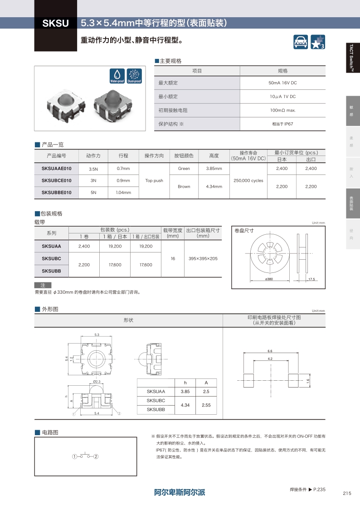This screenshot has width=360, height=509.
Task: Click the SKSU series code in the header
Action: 55,23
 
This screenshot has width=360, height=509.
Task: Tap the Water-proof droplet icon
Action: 117,75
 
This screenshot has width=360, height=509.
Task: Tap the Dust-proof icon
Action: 134,75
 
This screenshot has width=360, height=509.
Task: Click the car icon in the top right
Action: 301,42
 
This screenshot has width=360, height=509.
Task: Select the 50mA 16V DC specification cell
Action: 282,83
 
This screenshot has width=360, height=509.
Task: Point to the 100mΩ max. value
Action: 282,110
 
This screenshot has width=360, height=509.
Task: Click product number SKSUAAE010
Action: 57,169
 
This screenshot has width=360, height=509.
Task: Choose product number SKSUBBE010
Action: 57,193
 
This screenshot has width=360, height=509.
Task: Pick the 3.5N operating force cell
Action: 93,169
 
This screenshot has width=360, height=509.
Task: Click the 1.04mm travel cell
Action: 123,193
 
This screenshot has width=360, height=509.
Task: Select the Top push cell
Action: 154,180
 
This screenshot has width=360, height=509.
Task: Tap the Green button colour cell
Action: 184,169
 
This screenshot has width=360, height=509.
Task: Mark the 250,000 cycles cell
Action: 248,180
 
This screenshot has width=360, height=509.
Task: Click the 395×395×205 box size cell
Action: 203,258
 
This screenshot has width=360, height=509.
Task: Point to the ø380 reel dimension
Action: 269,279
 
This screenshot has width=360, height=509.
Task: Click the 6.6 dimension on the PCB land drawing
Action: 270,351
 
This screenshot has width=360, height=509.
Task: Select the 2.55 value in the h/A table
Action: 206,405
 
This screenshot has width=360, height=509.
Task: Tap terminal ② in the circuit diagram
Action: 96,456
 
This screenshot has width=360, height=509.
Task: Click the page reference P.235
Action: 320,490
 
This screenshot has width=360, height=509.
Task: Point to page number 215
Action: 347,494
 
